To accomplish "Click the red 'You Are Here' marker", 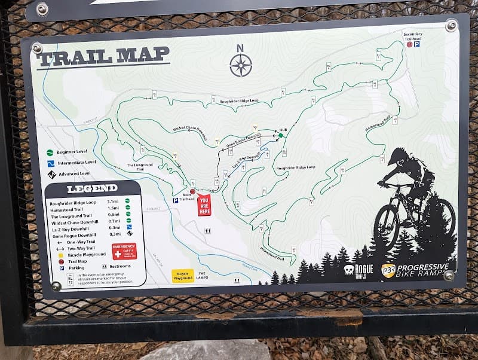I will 204,205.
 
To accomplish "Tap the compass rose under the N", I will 240,65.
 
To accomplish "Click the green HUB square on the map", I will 280,136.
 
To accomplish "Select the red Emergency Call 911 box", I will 124,251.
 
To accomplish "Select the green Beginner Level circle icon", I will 50,152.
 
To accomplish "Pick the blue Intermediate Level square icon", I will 51,163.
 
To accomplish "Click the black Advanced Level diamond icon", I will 51,174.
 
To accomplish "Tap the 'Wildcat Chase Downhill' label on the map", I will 189,129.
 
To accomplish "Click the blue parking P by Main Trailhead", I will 176,200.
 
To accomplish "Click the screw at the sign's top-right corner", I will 451,26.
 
